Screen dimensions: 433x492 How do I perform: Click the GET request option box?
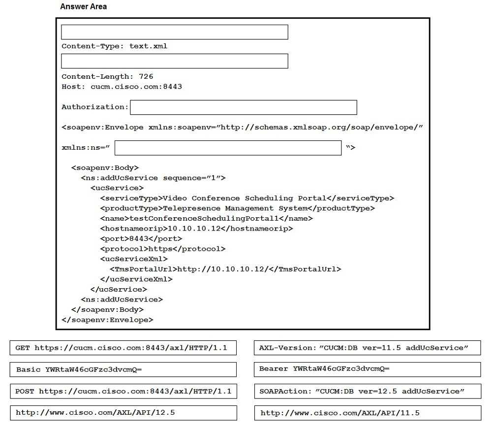[123, 348]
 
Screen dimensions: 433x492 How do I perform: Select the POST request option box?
[123, 392]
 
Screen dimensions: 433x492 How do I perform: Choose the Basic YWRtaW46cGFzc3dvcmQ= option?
[123, 369]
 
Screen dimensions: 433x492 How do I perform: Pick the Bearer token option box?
[367, 369]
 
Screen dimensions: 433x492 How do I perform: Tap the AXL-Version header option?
[367, 348]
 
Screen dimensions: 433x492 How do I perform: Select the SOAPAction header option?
[367, 392]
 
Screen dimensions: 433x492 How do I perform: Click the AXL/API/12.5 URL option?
[123, 413]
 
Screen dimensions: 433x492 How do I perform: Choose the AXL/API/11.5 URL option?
[367, 413]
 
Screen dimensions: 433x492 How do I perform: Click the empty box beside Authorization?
[243, 107]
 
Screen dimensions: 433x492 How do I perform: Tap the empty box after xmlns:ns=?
[228, 148]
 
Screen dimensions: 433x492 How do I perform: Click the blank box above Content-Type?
[174, 32]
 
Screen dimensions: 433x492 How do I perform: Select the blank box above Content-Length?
[174, 61]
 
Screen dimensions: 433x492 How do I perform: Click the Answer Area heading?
[83, 7]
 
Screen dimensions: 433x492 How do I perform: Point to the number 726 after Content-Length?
[146, 76]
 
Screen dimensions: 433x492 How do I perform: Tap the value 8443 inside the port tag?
[139, 239]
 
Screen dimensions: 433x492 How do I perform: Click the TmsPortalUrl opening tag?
[143, 269]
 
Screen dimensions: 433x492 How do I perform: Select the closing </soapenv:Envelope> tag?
[107, 320]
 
